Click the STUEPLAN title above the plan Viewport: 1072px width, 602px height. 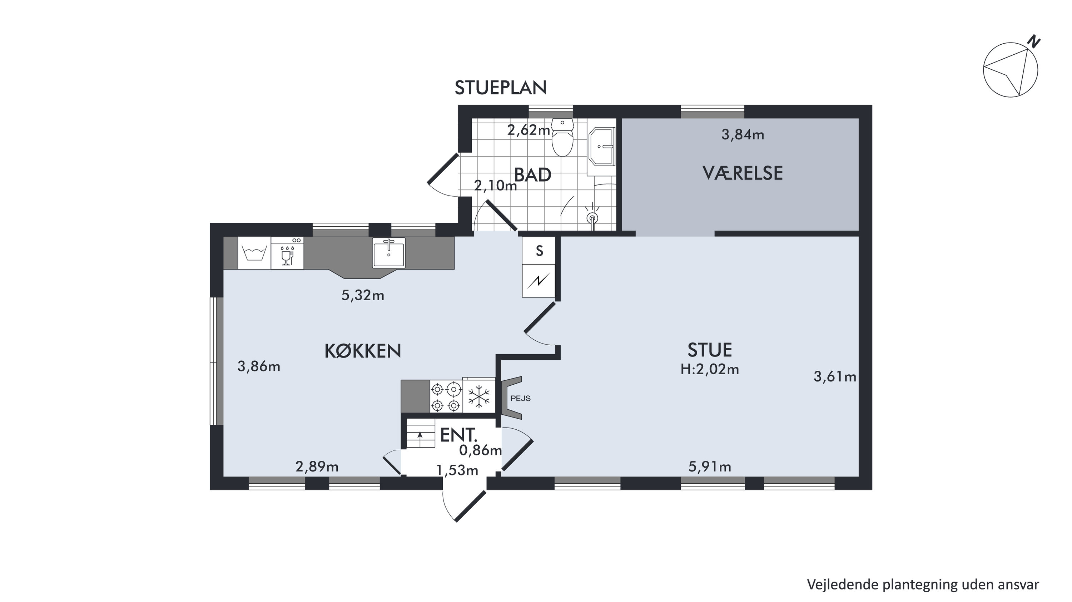pyautogui.click(x=500, y=88)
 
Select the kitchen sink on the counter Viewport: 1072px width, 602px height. pyautogui.click(x=389, y=252)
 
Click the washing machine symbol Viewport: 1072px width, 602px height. pyautogui.click(x=254, y=253)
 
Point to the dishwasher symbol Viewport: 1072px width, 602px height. pyautogui.click(x=287, y=253)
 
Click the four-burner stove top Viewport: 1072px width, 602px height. pyautogui.click(x=446, y=397)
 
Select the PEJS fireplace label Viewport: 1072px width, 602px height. pyautogui.click(x=520, y=399)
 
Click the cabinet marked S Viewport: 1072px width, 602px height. pyautogui.click(x=539, y=251)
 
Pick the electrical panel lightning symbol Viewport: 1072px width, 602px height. pyautogui.click(x=539, y=281)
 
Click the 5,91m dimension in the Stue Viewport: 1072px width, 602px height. pyautogui.click(x=710, y=467)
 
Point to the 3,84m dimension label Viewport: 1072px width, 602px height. pyautogui.click(x=743, y=134)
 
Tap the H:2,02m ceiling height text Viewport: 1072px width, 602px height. pyautogui.click(x=710, y=369)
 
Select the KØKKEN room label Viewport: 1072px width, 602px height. pyautogui.click(x=362, y=351)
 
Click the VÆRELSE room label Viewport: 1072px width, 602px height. pyautogui.click(x=743, y=173)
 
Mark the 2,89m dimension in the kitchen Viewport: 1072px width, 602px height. pyautogui.click(x=317, y=467)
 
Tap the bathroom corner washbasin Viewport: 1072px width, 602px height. pyautogui.click(x=602, y=147)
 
